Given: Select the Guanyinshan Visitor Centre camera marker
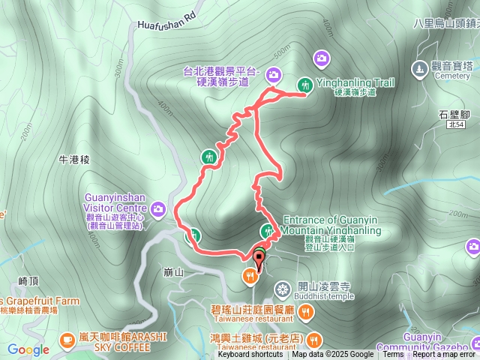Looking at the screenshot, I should click(x=159, y=208).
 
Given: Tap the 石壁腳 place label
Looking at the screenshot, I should click(x=454, y=115).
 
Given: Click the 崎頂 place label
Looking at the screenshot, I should click(x=28, y=280).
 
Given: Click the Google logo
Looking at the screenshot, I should click(x=28, y=349).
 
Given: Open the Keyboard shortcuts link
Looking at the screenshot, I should click(x=250, y=355).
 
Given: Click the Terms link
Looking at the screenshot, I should click(x=393, y=355).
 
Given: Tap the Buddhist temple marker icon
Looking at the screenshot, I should click(x=282, y=289).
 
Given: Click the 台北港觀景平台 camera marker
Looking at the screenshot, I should click(x=273, y=73).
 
